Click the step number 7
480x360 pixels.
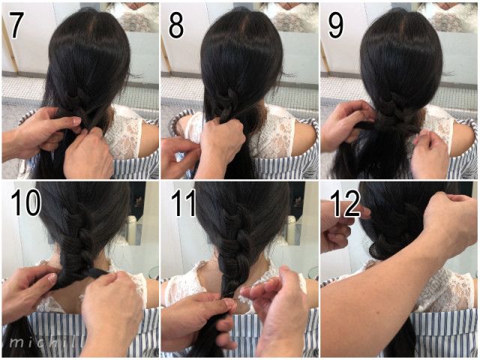17,26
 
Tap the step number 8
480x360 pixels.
176,26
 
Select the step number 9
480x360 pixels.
336,26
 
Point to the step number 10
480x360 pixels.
26,202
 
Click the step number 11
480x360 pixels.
183,202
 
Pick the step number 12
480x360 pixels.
346,202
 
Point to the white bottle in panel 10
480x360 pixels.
132,229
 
